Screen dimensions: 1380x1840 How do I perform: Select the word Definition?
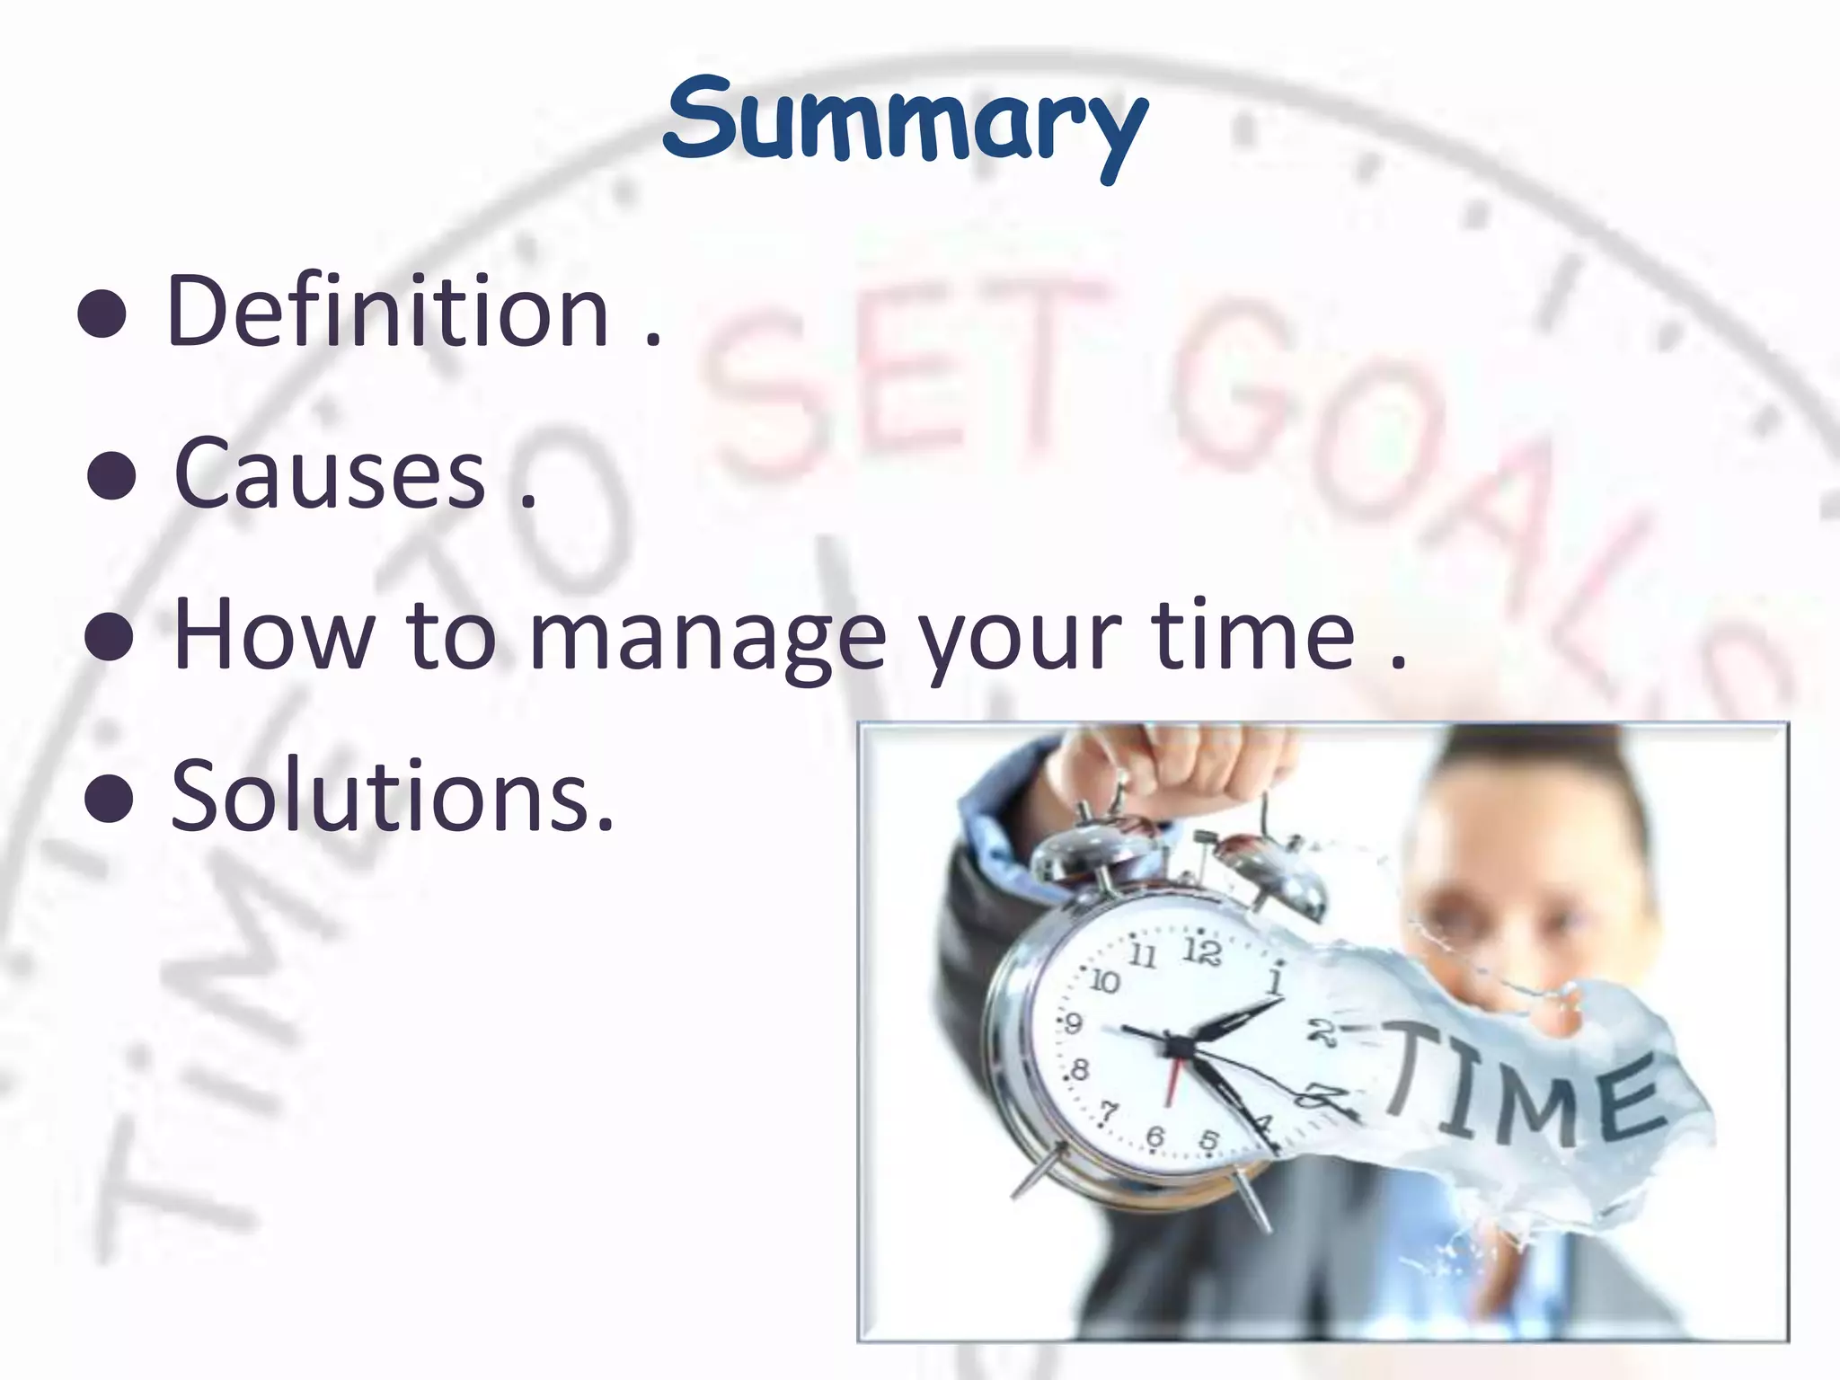coord(388,312)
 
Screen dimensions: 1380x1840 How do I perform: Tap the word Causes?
coord(330,473)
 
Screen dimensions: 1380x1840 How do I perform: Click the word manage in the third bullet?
coord(707,635)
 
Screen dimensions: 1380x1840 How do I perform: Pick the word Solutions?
coord(393,795)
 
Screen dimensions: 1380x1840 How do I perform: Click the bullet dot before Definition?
coord(102,316)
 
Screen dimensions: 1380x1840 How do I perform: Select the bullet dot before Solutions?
coord(109,799)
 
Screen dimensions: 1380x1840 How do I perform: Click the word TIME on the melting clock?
coord(1523,1092)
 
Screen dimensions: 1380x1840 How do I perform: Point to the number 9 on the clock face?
coord(1072,1023)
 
